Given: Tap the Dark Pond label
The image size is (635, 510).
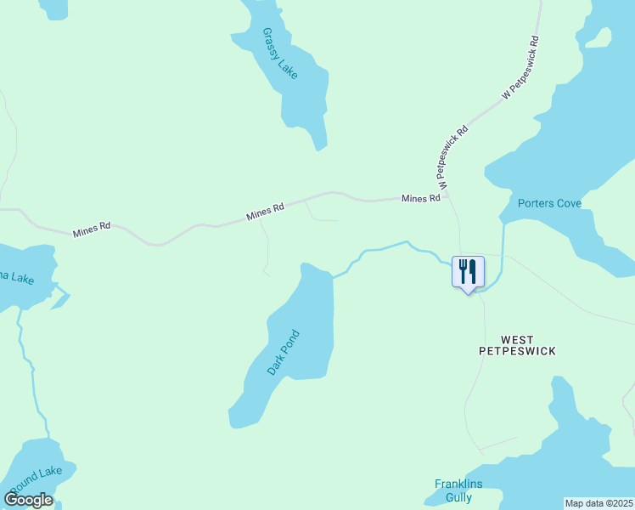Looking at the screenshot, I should pos(284,353).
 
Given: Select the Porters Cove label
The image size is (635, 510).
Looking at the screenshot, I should pos(549,203).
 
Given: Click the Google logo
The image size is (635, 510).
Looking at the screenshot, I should pos(28,500).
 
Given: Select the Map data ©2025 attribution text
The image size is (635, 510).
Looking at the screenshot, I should pos(598,503).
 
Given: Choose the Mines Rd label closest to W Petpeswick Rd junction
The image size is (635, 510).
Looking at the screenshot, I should pos(420,198).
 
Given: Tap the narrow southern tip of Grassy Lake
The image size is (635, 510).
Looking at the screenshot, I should pos(320,146).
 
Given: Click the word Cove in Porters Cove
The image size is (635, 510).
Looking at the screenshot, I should pos(565,203).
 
